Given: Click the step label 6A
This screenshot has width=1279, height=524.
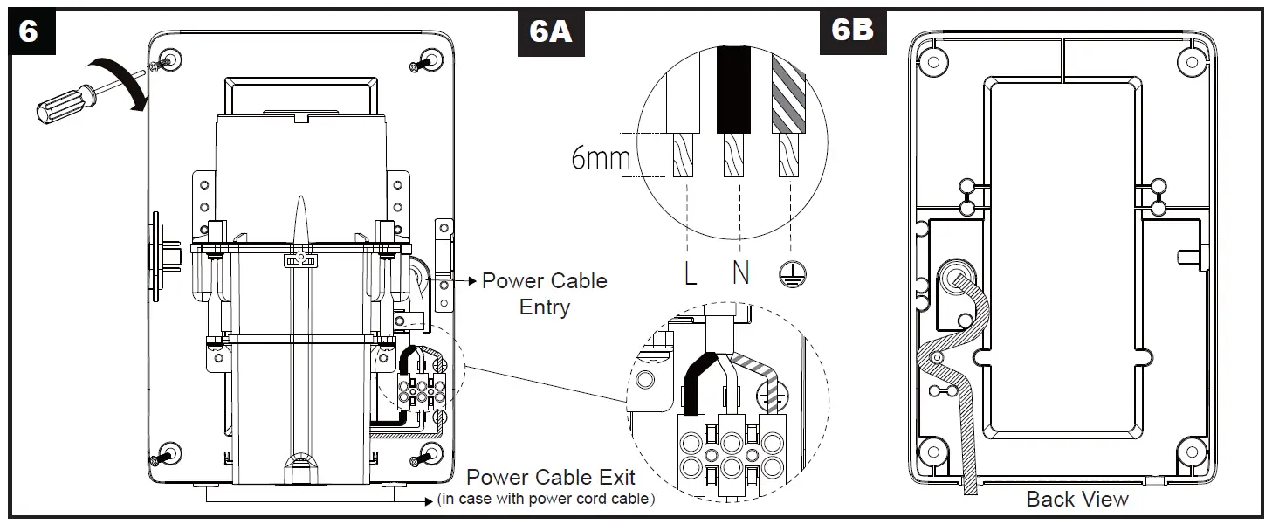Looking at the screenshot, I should click(x=551, y=32).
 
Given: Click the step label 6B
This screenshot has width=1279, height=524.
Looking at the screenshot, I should click(x=852, y=30).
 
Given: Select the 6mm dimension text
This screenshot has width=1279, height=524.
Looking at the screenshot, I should click(x=601, y=158).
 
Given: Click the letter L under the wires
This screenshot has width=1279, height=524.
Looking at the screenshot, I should click(x=691, y=274).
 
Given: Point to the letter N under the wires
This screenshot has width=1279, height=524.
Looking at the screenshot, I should click(x=740, y=274).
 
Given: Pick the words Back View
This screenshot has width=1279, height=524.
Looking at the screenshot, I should click(x=1076, y=500).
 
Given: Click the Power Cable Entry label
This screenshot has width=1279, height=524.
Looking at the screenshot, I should click(x=544, y=294).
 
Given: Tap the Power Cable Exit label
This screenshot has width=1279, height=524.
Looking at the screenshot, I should click(x=550, y=478).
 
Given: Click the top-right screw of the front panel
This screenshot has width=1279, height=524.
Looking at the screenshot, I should click(x=427, y=61).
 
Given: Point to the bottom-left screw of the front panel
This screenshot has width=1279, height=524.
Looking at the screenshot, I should click(x=165, y=454).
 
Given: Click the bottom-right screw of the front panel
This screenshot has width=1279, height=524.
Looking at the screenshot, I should click(x=427, y=454).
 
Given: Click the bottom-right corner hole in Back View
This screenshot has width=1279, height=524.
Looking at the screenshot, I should click(x=1190, y=452).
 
